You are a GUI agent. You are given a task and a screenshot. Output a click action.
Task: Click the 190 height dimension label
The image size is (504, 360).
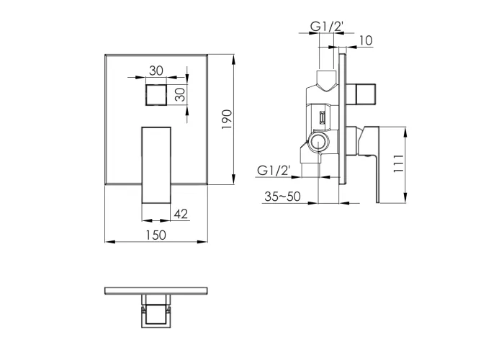click(227, 120)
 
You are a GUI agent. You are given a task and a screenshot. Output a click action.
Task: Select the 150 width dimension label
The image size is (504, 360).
click(156, 235)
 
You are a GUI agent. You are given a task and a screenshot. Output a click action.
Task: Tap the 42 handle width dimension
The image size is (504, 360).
click(181, 214)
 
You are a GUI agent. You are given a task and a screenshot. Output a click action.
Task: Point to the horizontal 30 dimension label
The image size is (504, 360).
click(156, 71)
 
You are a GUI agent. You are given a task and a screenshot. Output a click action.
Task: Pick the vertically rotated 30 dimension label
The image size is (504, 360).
click(181, 94)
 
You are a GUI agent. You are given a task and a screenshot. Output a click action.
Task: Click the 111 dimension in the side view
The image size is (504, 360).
click(398, 163)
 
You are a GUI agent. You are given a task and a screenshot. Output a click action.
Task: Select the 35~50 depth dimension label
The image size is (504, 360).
click(282, 197)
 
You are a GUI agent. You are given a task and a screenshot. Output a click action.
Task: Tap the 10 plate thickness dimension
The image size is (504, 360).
click(366, 40)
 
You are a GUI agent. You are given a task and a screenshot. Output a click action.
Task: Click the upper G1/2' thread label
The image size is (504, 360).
click(327, 27)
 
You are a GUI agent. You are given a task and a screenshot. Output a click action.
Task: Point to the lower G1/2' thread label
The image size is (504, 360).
click(274, 170)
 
